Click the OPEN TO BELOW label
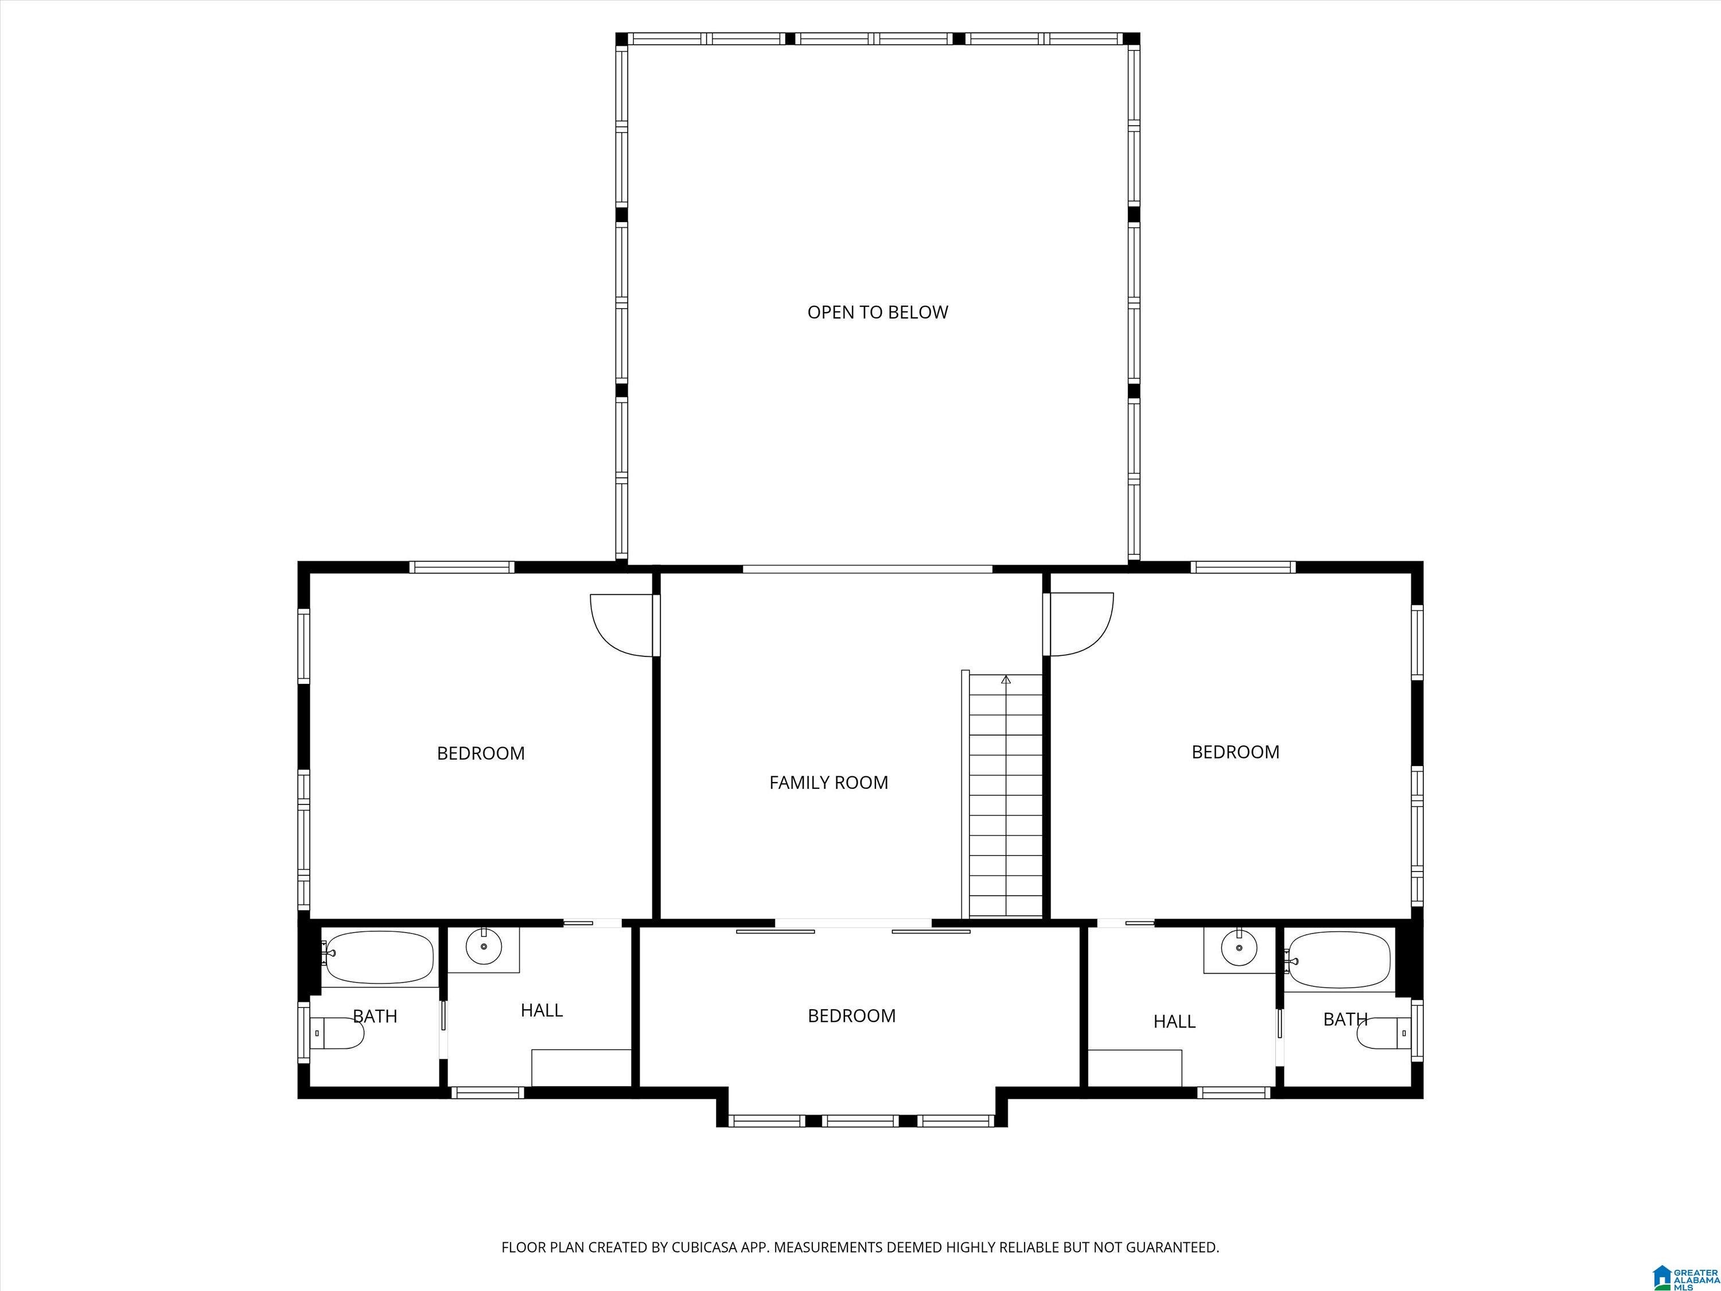878,312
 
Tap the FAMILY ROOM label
828,783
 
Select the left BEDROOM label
481,753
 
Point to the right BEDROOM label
1236,752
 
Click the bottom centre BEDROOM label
852,1016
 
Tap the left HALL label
542,1010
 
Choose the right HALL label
1175,1021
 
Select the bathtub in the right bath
1338,959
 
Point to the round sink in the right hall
1239,947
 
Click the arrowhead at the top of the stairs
1006,679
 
